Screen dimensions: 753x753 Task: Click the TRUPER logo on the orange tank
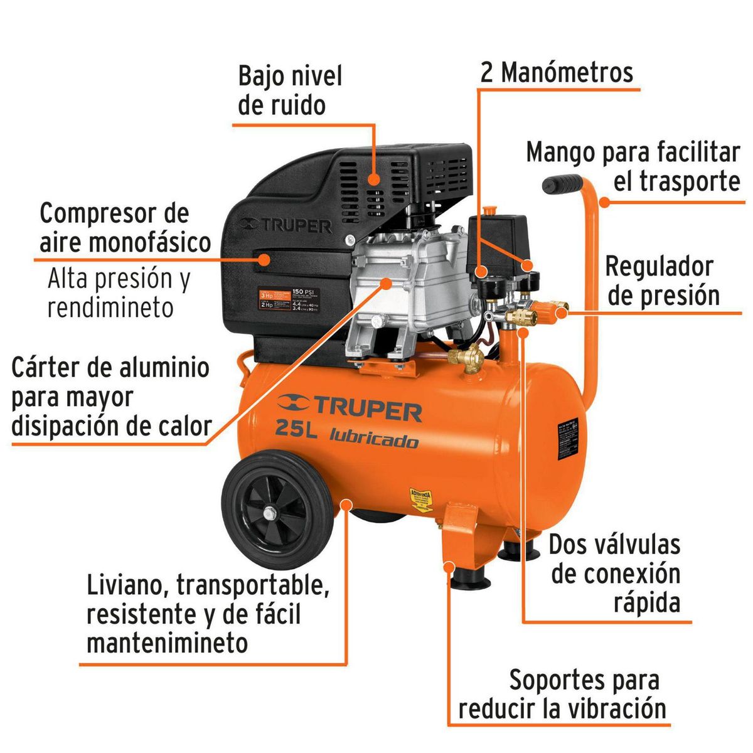[350, 409]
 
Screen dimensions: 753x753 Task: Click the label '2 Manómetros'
[557, 73]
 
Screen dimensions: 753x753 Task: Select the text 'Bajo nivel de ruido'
[290, 90]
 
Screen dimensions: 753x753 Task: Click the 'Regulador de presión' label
[663, 280]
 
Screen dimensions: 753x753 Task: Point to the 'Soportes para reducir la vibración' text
[562, 694]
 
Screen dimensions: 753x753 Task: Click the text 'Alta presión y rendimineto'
[118, 293]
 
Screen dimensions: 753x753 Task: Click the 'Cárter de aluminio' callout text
[110, 397]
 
